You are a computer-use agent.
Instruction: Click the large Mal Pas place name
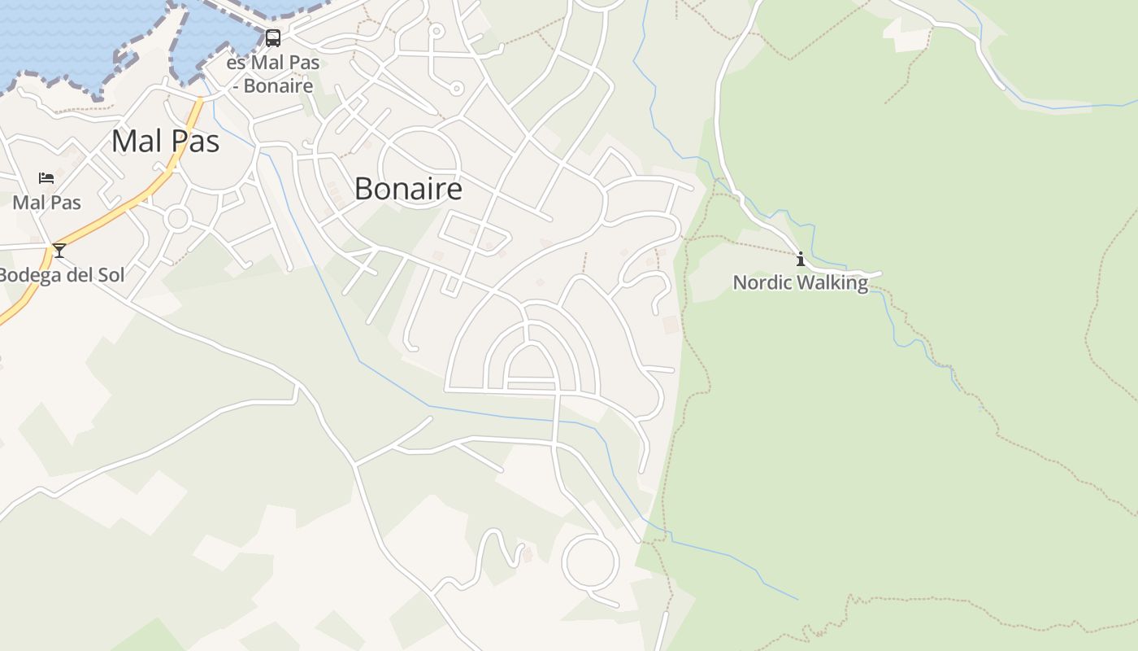(165, 141)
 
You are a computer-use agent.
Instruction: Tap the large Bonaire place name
(408, 189)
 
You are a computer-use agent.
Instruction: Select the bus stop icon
(273, 38)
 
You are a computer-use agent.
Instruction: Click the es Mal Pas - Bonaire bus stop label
(272, 74)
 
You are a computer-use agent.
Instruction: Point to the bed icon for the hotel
(46, 177)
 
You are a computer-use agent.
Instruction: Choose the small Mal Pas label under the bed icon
(46, 202)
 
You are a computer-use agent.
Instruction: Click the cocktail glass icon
(59, 250)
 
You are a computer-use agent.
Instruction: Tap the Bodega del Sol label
(62, 275)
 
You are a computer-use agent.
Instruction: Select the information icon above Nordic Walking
(801, 260)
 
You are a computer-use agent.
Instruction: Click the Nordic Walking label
(801, 282)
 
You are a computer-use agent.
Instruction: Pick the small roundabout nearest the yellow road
(177, 218)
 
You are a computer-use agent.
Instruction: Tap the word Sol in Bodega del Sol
(111, 275)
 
